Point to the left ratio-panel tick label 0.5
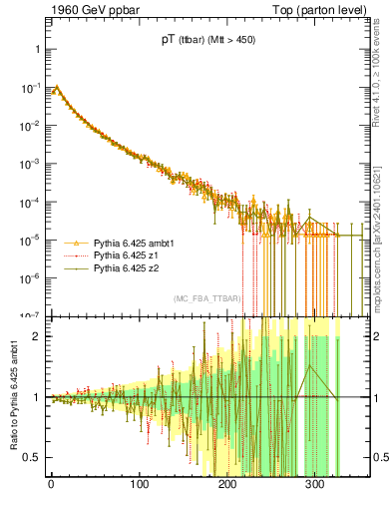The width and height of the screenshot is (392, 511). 33,457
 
